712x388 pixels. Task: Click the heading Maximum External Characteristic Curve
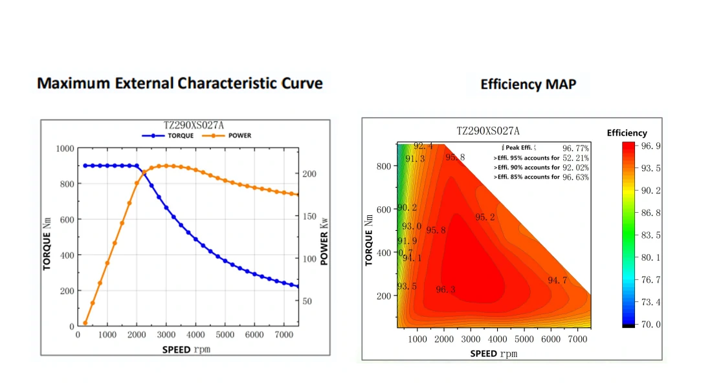(x=180, y=83)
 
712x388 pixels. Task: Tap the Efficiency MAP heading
(x=528, y=84)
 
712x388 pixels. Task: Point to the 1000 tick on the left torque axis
(x=65, y=148)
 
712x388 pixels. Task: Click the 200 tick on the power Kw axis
(x=310, y=174)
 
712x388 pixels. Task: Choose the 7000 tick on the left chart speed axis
(x=284, y=334)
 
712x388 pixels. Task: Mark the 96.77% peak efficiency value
(x=575, y=148)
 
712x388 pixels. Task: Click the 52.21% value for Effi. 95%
(x=575, y=158)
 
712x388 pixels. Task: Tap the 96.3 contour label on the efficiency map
(x=445, y=290)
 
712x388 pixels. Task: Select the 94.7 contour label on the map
(x=557, y=281)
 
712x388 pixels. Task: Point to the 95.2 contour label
(x=485, y=217)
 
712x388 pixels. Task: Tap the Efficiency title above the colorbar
(x=627, y=133)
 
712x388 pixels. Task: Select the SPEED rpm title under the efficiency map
(x=494, y=354)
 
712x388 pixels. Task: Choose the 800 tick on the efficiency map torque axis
(x=384, y=166)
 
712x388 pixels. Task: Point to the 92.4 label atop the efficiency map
(x=423, y=146)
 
